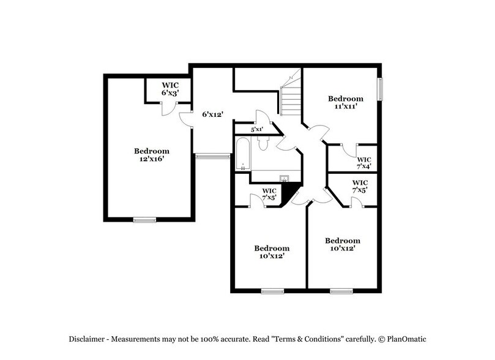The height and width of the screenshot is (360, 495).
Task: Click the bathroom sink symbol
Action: (x=285, y=179)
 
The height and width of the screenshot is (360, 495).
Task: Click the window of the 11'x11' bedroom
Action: (x=380, y=90)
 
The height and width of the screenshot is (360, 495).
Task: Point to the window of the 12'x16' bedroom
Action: (x=144, y=219)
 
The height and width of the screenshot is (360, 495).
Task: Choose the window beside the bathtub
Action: (x=208, y=156)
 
